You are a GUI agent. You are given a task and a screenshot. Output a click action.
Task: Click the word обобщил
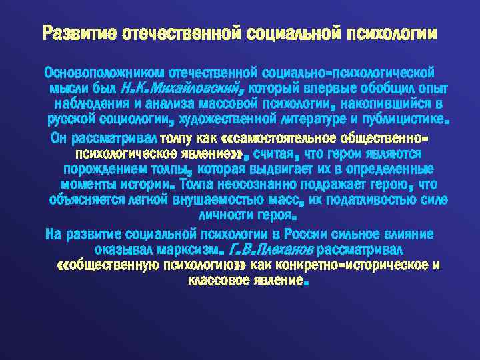(379, 89)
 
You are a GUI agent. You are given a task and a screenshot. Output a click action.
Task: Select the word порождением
(93, 169)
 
